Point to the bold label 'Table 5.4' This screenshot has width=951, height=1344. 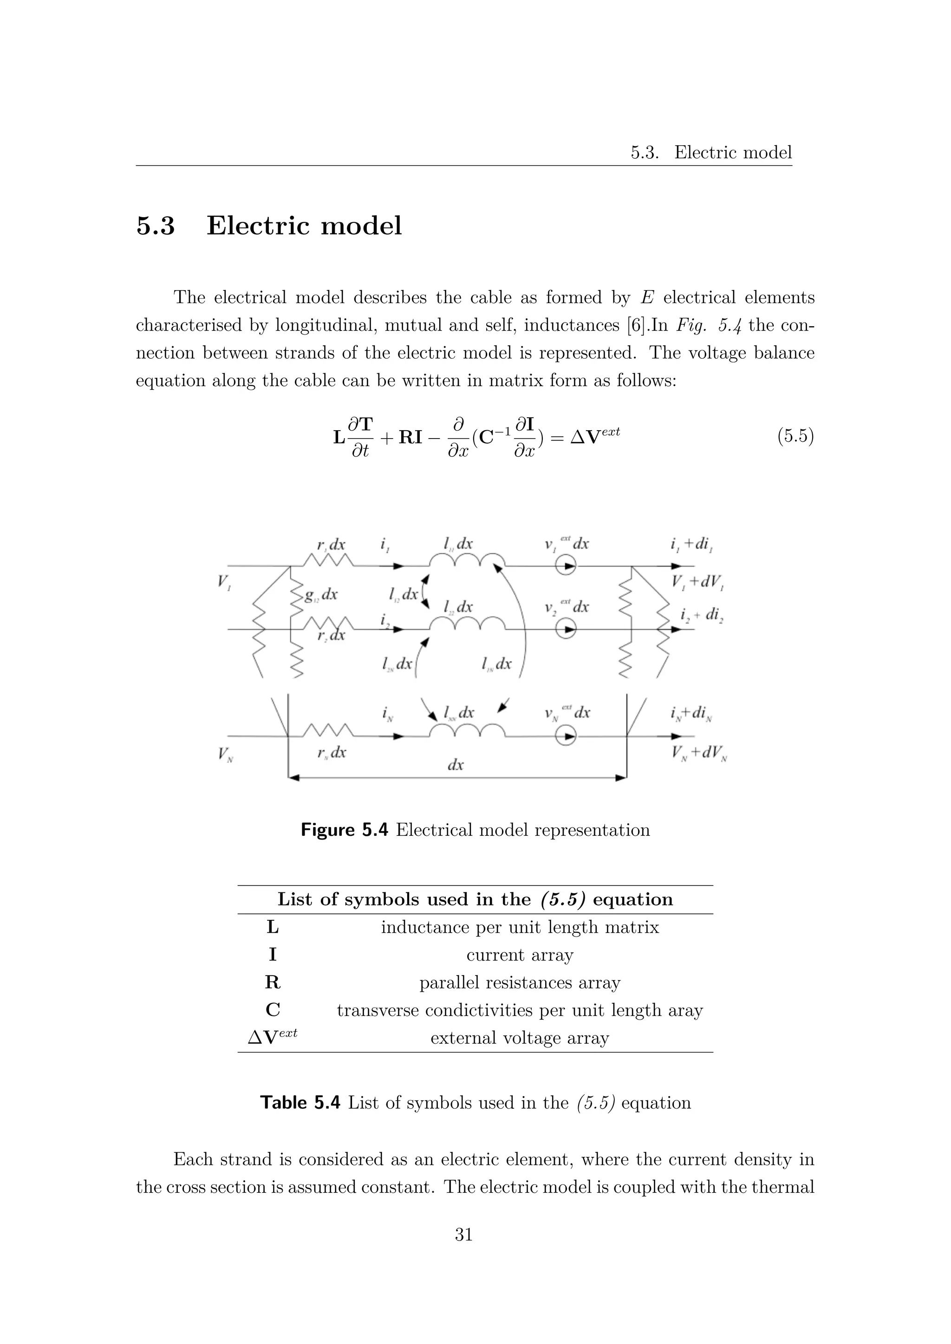tap(300, 1102)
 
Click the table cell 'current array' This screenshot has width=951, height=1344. tap(520, 954)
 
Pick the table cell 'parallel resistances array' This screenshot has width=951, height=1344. tap(520, 982)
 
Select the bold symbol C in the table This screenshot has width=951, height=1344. tap(272, 1010)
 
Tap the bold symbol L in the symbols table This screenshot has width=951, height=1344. tap(272, 927)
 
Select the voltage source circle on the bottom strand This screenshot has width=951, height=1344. tap(566, 736)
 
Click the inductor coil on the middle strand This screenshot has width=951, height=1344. tap(467, 624)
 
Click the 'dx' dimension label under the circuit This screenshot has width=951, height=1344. tap(456, 764)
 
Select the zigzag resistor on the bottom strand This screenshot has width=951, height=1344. tap(328, 731)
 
